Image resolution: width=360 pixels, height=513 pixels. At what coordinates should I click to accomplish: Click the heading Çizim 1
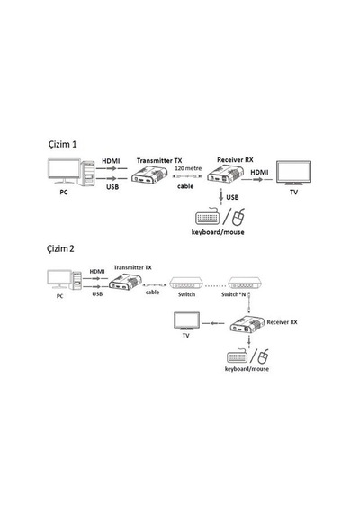(x=62, y=144)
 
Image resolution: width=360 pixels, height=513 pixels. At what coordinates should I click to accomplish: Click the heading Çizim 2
(x=60, y=248)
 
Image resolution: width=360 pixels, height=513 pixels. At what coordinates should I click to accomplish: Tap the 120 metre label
(x=188, y=168)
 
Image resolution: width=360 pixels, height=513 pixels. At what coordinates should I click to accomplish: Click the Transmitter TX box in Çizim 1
(x=149, y=175)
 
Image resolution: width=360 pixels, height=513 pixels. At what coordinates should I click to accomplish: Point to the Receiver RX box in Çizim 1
(x=226, y=175)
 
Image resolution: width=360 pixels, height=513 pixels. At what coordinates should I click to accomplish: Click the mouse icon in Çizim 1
(x=238, y=217)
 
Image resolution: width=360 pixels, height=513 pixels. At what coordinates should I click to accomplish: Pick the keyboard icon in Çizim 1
(x=208, y=217)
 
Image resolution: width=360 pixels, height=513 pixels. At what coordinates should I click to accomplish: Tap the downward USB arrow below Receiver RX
(x=221, y=197)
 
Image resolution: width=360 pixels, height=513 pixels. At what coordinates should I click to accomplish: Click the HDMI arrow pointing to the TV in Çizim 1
(x=256, y=180)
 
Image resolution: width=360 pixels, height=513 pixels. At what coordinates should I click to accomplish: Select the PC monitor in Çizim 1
(x=64, y=171)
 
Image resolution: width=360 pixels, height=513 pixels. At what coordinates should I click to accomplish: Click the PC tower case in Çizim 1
(x=87, y=174)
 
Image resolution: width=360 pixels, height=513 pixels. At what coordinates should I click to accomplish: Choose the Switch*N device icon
(x=245, y=283)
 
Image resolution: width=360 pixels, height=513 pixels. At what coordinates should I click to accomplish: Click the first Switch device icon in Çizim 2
(x=186, y=283)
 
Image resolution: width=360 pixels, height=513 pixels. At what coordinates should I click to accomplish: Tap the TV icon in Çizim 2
(x=186, y=321)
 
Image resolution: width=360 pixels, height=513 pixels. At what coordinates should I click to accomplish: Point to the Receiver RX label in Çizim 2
(x=282, y=322)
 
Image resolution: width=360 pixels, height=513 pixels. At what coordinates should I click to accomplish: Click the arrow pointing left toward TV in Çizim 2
(x=213, y=324)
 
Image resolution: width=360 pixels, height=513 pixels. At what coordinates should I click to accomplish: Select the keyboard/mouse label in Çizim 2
(x=247, y=369)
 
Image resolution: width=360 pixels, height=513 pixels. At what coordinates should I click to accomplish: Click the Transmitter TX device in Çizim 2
(x=125, y=283)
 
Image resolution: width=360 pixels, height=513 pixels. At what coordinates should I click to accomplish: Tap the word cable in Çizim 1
(x=185, y=186)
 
